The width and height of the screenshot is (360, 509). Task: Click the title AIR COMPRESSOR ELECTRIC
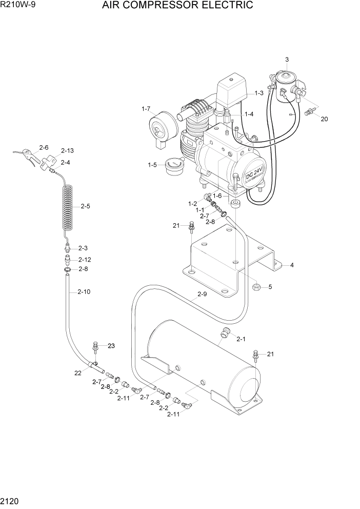(x=177, y=6)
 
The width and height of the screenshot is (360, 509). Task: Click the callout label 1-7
(x=146, y=109)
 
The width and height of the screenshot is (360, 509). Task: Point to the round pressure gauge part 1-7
(x=162, y=125)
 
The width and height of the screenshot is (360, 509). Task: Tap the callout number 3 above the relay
(x=287, y=60)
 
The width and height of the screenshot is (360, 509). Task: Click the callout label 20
(x=324, y=119)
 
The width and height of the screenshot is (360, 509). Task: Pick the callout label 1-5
(x=152, y=165)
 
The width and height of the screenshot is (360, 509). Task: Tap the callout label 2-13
(x=67, y=150)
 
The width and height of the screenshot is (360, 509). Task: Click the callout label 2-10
(x=84, y=292)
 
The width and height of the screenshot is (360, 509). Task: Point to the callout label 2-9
(x=202, y=295)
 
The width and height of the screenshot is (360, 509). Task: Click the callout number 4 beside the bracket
(x=292, y=265)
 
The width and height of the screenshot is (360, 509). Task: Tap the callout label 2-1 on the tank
(x=241, y=339)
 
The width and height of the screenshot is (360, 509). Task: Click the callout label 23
(x=111, y=346)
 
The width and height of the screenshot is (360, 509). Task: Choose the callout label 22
(x=78, y=373)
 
